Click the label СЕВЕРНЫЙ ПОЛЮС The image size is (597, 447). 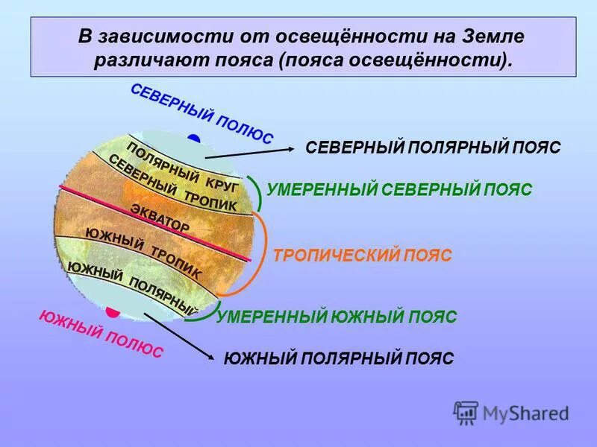pos(201,114)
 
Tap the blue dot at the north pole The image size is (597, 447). pos(195,139)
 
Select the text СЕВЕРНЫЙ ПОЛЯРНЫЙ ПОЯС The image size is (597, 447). pos(433,148)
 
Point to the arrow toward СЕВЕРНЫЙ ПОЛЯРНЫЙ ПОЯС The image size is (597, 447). pos(250,152)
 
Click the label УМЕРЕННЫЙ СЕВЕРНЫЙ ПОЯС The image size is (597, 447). pos(399,190)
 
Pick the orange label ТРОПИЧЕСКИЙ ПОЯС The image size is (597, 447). pos(363,256)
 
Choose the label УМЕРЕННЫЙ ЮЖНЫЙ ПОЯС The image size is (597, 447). pos(337,317)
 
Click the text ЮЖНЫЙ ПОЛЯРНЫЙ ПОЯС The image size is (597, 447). pos(339,358)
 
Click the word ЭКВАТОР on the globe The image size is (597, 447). pos(160,217)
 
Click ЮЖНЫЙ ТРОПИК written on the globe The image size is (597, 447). pos(143,253)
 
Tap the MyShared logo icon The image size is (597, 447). pos(466,412)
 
